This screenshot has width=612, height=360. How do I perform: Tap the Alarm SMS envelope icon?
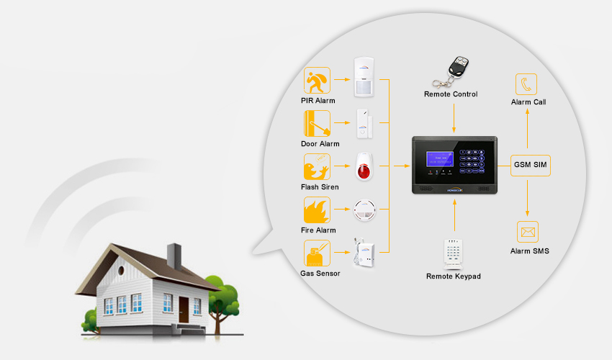(x=528, y=233)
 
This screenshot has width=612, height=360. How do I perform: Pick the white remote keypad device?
(x=453, y=252)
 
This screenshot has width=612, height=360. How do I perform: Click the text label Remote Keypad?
(x=453, y=276)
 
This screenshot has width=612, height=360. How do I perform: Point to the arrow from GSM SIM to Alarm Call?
(x=528, y=130)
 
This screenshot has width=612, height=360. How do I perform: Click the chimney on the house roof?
(x=174, y=254)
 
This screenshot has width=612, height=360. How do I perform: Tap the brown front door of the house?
(x=184, y=309)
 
